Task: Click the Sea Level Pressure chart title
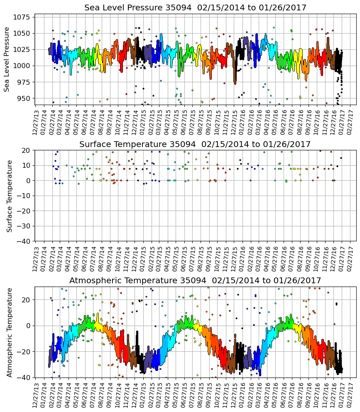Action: click(195, 7)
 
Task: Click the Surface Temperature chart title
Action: click(195, 144)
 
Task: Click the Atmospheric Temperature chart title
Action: click(195, 280)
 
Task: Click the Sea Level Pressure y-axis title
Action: click(7, 59)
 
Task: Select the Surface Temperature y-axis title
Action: click(9, 196)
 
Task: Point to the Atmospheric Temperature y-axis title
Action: click(9, 332)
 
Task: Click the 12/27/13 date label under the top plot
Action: click(36, 122)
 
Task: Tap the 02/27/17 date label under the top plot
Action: click(350, 122)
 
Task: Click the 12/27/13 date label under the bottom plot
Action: click(36, 395)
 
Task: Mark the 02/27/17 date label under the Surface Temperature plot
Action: click(350, 258)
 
